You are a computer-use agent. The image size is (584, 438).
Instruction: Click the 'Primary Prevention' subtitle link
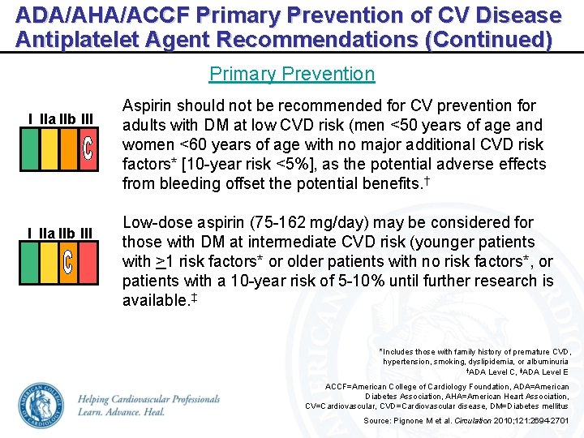click(x=292, y=74)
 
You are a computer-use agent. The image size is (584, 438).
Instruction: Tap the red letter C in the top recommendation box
click(x=88, y=148)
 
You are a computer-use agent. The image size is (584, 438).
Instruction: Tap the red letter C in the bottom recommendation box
click(x=68, y=262)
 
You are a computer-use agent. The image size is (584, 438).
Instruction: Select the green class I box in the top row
click(x=29, y=148)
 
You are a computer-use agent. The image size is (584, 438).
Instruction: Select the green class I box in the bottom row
click(x=29, y=262)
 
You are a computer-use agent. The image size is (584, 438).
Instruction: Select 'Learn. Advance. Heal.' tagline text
click(x=122, y=412)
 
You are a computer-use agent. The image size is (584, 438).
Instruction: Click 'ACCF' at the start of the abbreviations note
click(x=337, y=387)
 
